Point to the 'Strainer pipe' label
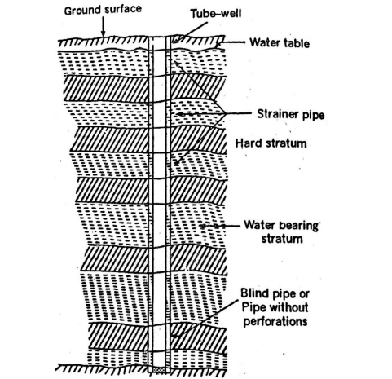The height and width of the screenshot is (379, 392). [286, 115]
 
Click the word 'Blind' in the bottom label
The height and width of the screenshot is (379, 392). [256, 294]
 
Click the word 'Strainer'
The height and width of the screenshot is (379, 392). [271, 115]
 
